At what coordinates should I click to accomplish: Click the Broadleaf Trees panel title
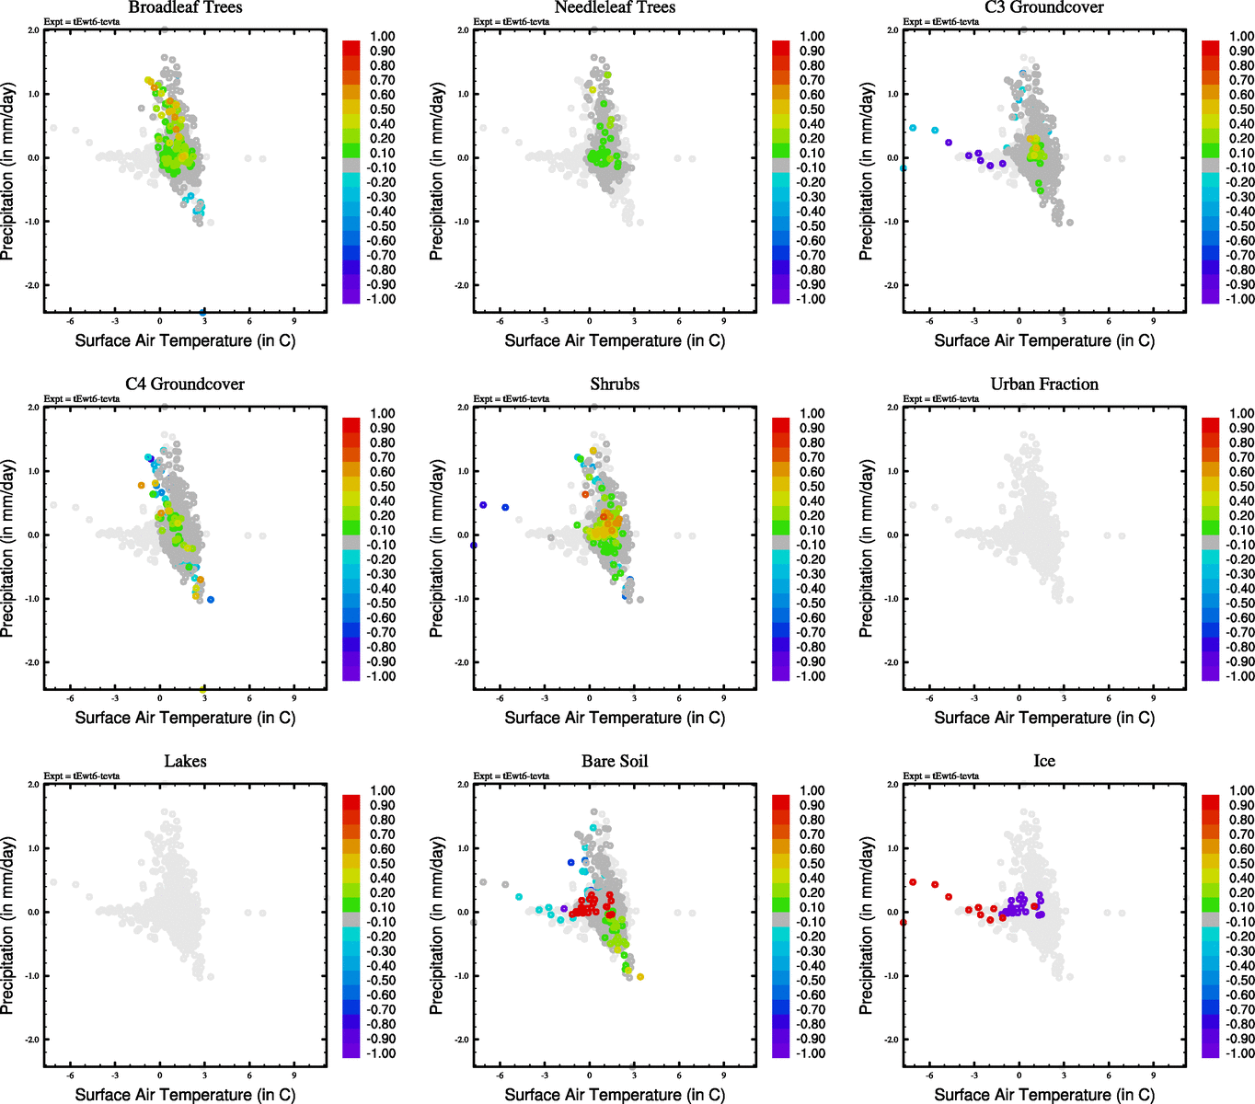click(x=185, y=7)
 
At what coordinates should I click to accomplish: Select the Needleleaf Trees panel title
click(x=615, y=7)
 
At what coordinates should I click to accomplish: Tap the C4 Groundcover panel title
click(x=185, y=384)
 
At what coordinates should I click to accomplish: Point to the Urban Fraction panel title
click(x=1044, y=384)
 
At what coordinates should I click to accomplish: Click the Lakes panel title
click(x=185, y=761)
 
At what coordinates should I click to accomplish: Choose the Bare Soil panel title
click(x=615, y=761)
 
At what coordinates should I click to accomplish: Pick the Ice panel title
click(x=1044, y=761)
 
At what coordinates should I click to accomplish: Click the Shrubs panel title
click(x=615, y=384)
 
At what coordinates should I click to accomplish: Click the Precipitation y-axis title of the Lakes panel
click(x=8, y=926)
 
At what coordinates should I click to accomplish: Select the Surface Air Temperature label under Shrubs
click(x=615, y=718)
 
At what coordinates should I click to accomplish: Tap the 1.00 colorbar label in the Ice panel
click(x=1241, y=790)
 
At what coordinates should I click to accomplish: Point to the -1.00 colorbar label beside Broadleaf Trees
click(x=382, y=299)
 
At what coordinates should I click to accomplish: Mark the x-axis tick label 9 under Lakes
click(x=294, y=1075)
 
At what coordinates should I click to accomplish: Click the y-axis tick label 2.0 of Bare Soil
click(x=463, y=785)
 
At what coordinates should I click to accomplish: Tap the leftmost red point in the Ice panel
click(x=904, y=922)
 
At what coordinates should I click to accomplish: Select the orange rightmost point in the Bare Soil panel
click(x=640, y=977)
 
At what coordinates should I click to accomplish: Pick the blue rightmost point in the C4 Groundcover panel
click(x=211, y=600)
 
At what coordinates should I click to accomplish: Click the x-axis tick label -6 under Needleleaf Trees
click(x=500, y=321)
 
